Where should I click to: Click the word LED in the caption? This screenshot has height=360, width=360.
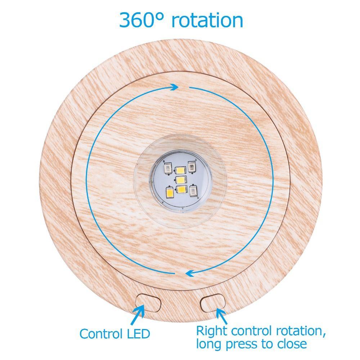[136, 334]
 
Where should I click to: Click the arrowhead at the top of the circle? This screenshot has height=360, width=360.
[175, 87]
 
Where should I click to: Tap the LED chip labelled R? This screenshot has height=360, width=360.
[194, 191]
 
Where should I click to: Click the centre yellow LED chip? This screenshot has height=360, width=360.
[180, 180]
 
